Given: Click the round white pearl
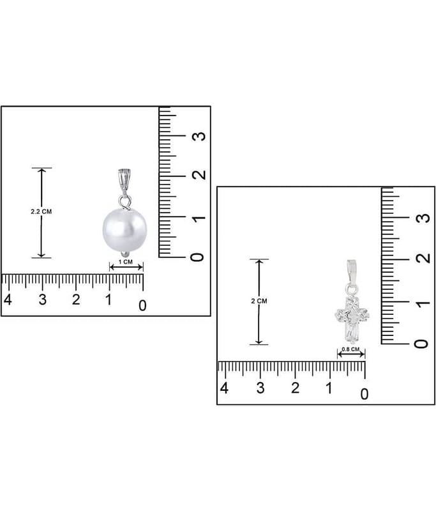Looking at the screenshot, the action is [124, 229].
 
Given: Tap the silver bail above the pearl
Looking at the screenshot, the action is [123, 180].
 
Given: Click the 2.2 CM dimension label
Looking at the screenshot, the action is [41, 211].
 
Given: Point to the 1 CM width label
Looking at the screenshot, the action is [126, 262].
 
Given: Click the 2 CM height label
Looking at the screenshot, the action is [259, 301].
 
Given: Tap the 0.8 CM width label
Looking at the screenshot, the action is [350, 349].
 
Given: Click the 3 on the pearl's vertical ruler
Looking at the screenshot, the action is [199, 136].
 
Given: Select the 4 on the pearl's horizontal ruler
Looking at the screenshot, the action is [8, 299].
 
